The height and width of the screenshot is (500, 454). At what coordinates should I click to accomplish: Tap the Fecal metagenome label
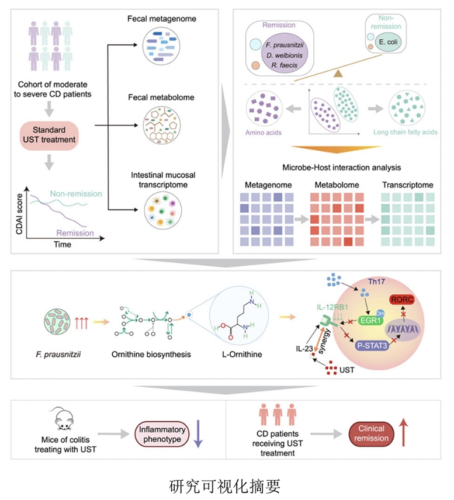(162, 19)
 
